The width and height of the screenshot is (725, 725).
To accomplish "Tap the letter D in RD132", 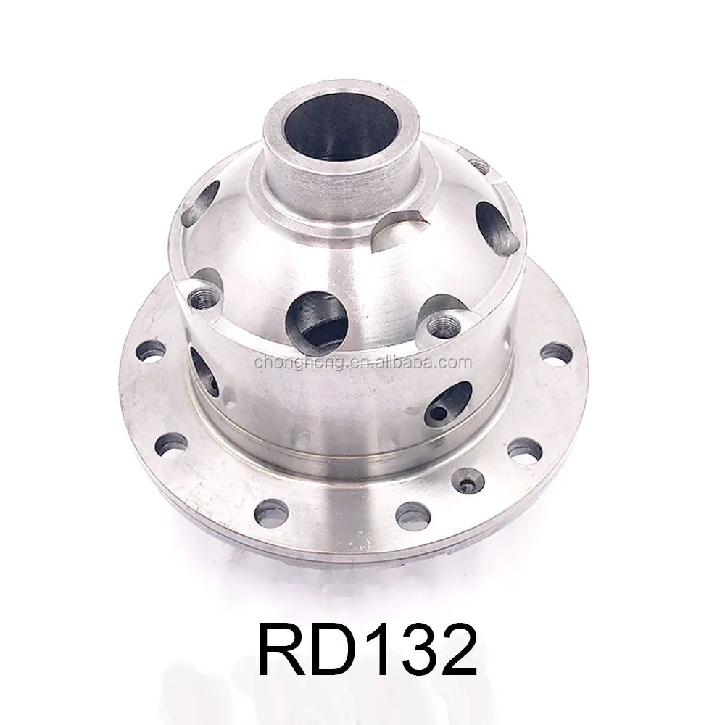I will [x=333, y=648].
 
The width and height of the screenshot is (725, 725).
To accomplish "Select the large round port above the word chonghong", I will [x=315, y=320].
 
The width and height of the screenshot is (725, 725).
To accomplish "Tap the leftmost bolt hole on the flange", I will [x=151, y=350].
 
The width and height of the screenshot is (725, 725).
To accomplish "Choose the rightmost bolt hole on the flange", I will [x=556, y=353].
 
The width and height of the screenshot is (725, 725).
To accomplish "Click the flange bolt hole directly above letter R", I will [x=270, y=513].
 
